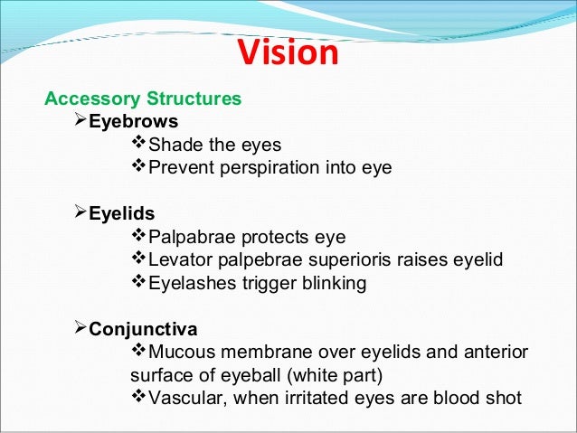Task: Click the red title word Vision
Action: (x=288, y=54)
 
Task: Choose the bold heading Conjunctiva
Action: (x=143, y=328)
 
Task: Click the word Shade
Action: (x=173, y=145)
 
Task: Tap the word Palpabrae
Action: (x=191, y=238)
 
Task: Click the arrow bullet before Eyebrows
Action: (x=77, y=120)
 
